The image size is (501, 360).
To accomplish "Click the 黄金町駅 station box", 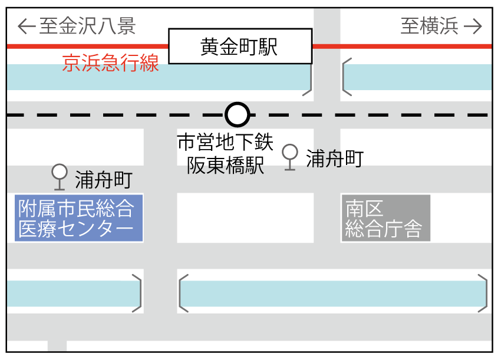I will [x=240, y=46].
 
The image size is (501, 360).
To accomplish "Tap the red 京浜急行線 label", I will [x=111, y=63].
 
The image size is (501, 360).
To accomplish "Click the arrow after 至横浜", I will [x=473, y=26].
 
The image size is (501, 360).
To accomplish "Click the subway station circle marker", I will [x=238, y=114].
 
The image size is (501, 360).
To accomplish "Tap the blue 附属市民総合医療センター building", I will [x=79, y=218].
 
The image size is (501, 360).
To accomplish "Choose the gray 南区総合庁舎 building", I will [x=386, y=218].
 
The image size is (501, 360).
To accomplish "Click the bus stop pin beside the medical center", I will [x=59, y=176].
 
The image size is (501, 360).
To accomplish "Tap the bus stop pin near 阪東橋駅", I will [x=289, y=156].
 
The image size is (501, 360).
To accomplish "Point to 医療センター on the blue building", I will [x=76, y=229].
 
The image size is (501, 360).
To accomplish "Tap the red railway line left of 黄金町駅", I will [x=88, y=46].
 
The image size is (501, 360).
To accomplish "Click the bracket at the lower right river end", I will [x=483, y=293].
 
